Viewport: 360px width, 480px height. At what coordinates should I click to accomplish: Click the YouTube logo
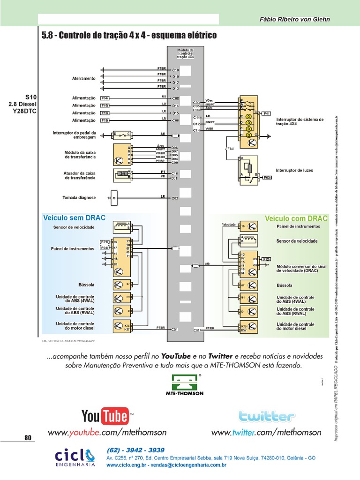pos(107,416)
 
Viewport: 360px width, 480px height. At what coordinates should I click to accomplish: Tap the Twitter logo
pos(266,416)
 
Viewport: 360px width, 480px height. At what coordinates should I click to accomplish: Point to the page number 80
pos(28,438)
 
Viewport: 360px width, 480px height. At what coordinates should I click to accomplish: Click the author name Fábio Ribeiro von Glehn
pos(295,19)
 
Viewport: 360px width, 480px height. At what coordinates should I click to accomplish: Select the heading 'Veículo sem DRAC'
pos(75,218)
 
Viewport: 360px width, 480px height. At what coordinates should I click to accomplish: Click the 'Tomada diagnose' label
pos(79,197)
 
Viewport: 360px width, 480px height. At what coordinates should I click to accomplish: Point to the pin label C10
pos(176,70)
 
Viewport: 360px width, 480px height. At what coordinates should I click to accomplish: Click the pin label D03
pos(175,198)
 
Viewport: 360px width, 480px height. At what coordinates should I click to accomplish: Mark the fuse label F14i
pos(230,149)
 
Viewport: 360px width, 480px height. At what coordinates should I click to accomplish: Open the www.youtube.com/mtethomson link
pos(107,432)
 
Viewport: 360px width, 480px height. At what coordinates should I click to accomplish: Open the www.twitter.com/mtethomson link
pos(266,432)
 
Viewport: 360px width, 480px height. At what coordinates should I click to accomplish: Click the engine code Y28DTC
pos(24,111)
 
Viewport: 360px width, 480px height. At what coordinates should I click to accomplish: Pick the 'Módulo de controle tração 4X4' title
pos(186,52)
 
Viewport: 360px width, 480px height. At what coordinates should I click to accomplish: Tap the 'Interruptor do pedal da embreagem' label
pos(81,135)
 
